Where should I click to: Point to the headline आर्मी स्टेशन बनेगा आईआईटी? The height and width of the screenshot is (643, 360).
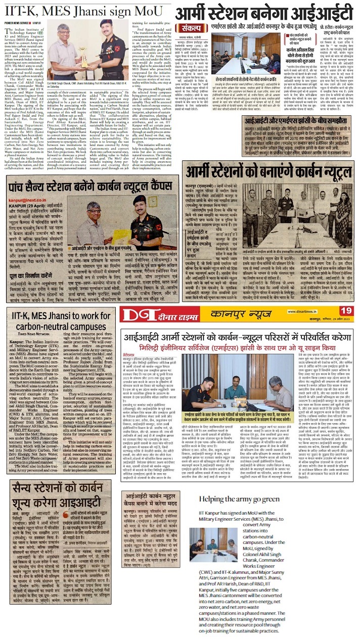[268, 10]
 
